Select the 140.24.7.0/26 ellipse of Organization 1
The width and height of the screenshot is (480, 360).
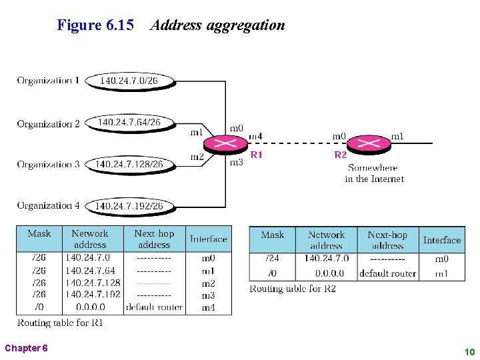tap(131, 81)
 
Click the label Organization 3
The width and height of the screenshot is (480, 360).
tap(48, 164)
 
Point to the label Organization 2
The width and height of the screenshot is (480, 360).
tap(48, 123)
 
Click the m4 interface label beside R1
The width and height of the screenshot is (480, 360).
tap(255, 137)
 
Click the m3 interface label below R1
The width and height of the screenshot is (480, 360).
tap(236, 162)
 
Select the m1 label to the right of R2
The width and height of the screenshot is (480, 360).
tap(397, 137)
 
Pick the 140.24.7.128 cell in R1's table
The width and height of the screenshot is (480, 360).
tap(93, 283)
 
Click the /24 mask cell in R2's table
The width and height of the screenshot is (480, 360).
tap(272, 259)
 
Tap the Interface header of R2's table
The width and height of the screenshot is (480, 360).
tap(441, 240)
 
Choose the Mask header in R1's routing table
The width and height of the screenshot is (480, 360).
tap(39, 234)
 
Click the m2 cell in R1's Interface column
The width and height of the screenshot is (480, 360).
tap(208, 283)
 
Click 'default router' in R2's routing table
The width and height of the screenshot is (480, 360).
tap(387, 273)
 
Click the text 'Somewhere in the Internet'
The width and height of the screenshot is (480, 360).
tap(373, 173)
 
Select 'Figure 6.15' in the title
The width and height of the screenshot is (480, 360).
tap(95, 25)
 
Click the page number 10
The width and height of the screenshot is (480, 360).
tap(469, 351)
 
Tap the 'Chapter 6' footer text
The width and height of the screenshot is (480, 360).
tap(25, 348)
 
